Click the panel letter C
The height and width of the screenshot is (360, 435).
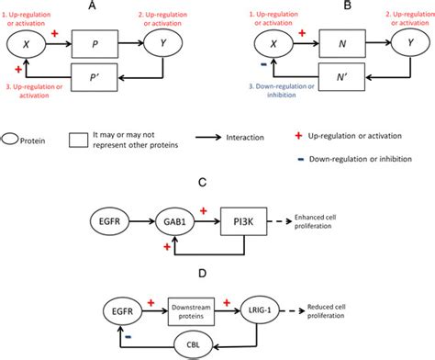pos(202,183)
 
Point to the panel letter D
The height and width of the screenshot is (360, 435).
pos(202,273)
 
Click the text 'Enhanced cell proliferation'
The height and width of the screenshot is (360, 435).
pos(315,221)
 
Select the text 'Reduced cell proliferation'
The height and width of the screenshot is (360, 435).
pos(327,311)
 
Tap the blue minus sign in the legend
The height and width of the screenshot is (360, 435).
pos(301,159)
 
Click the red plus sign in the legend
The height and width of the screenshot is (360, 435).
pos(298,136)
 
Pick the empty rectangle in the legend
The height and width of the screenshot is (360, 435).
pos(78,141)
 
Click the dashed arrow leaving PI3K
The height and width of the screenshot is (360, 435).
pos(280,221)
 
